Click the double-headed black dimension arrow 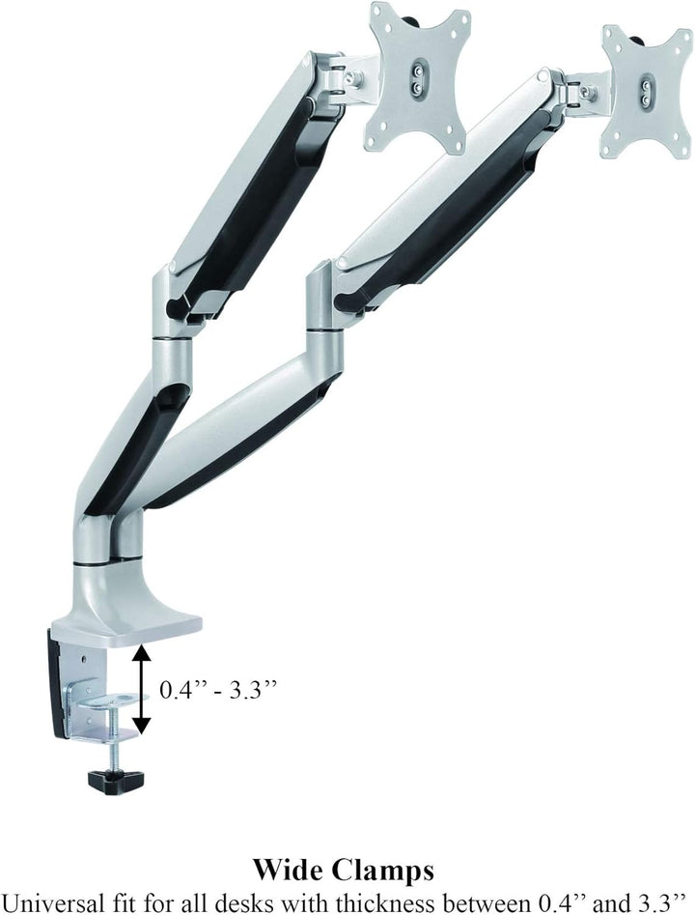pyautogui.click(x=141, y=689)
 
